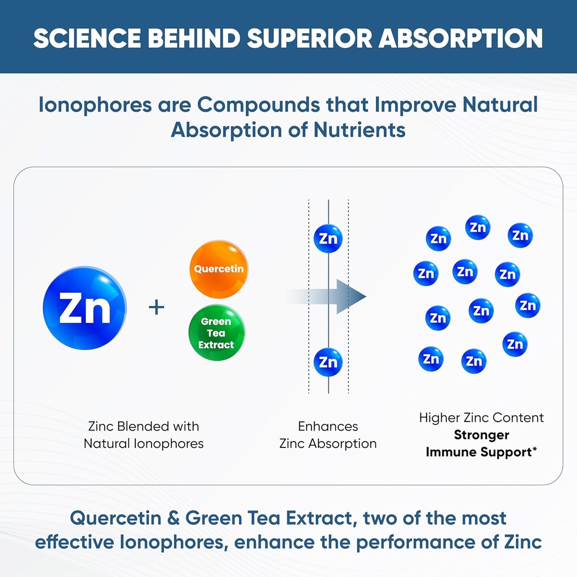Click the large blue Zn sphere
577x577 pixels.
coord(85,308)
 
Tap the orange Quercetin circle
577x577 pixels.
coord(219,269)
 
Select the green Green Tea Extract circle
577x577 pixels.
coord(216,332)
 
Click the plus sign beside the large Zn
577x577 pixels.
coord(156,307)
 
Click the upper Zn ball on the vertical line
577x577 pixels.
coord(328,238)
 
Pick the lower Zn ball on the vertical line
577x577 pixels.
coord(328,361)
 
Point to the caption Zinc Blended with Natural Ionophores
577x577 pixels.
coord(144,434)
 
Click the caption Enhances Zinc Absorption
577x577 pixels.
coord(328,434)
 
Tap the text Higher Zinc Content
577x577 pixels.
coord(481,418)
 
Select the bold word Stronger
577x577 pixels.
coord(481,434)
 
